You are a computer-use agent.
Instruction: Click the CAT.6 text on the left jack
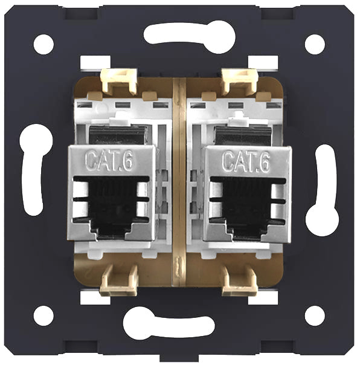tap(109, 160)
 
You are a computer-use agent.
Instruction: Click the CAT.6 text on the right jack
tap(246, 161)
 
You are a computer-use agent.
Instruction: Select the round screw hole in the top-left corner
tap(43, 44)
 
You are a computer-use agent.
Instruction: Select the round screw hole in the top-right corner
tap(315, 44)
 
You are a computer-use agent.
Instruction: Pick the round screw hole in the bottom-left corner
tap(43, 315)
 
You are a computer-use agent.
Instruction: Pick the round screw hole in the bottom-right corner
tap(315, 315)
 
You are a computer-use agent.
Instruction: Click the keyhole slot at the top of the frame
tap(190, 37)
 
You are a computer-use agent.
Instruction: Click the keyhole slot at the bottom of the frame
tap(169, 323)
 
